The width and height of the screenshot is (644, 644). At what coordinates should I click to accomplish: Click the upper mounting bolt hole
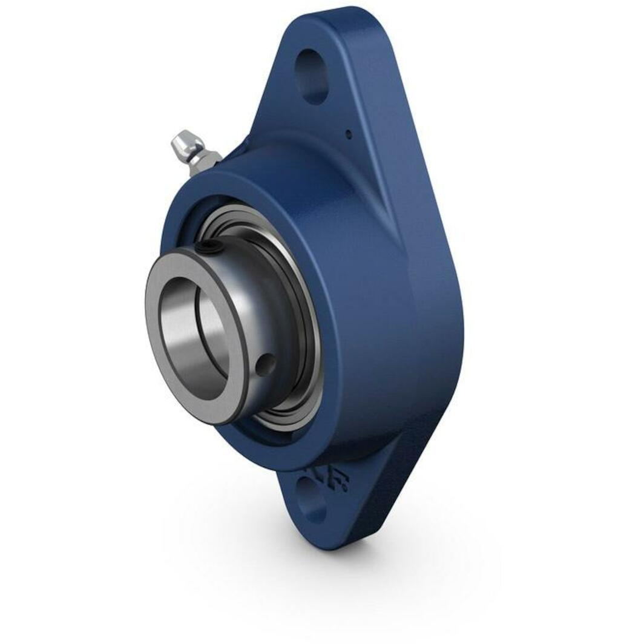pyautogui.click(x=312, y=76)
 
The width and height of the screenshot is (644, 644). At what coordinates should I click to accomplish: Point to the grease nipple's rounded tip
pyautogui.click(x=179, y=143)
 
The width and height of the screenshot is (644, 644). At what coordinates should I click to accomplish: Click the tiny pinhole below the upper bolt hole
pyautogui.click(x=348, y=134)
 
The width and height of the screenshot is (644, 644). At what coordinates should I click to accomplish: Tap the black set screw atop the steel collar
pyautogui.click(x=209, y=248)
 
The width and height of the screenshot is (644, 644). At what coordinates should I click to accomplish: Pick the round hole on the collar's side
pyautogui.click(x=264, y=364)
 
